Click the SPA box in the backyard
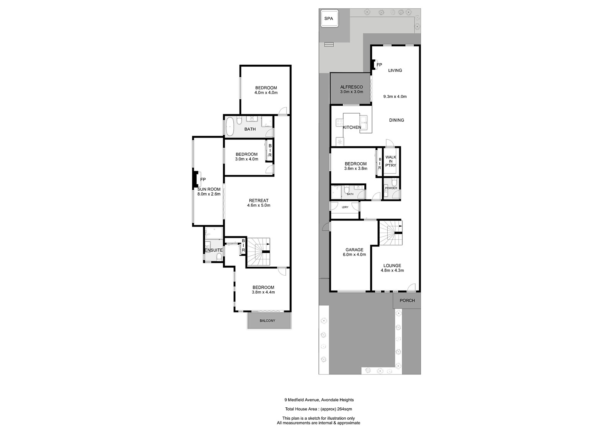pos(329,18)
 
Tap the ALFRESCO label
pos(351,87)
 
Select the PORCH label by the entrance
pos(407,301)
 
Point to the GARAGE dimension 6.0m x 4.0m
pos(354,255)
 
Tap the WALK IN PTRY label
pos(391,161)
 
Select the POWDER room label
pos(391,188)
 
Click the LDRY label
pos(345,207)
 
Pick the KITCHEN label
pos(352,127)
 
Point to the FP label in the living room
pos(379,65)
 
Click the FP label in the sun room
pos(203,180)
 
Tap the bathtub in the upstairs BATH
pos(229,127)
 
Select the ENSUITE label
pos(214,250)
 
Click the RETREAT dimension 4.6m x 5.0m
pos(259,206)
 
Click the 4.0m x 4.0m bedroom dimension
pos(266,93)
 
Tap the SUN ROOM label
pos(209,189)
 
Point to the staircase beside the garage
pos(390,234)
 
